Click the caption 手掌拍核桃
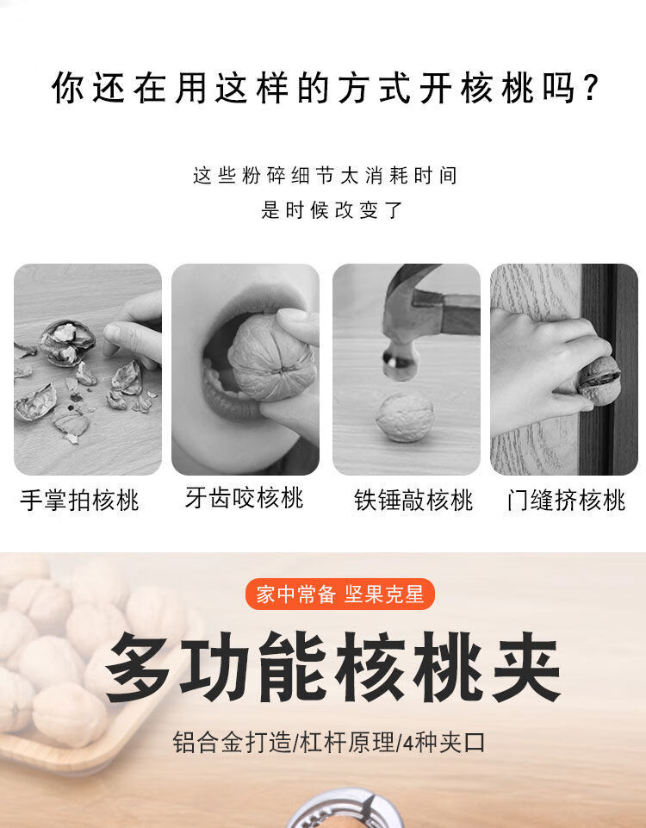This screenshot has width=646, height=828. (x=80, y=500)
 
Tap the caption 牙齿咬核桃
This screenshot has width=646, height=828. (x=245, y=498)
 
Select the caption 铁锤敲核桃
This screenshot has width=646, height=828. (x=413, y=500)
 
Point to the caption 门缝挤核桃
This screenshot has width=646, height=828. (x=566, y=500)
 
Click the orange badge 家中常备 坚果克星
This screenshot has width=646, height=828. (x=340, y=594)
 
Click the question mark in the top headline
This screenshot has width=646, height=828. (x=593, y=88)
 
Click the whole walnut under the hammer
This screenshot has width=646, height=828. (x=406, y=417)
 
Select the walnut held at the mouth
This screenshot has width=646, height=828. (x=272, y=357)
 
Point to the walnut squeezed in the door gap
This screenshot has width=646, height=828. (x=599, y=381)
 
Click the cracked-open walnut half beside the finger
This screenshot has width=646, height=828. (x=67, y=343)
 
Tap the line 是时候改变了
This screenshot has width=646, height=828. (x=332, y=210)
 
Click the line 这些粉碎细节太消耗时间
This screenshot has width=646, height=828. (x=325, y=175)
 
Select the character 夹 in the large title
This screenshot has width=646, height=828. (x=526, y=667)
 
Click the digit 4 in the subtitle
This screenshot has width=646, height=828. (x=408, y=743)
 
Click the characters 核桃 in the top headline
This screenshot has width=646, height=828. (x=498, y=88)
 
